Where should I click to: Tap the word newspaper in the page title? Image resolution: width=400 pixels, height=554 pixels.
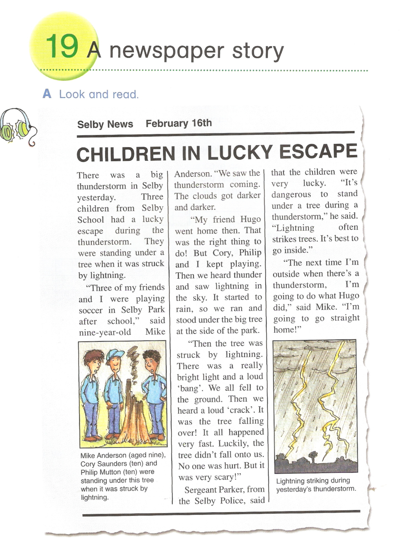click(x=167, y=51)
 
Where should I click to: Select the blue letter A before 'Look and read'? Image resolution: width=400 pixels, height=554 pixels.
click(x=47, y=94)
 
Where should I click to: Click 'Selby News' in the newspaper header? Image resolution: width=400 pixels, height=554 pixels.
click(x=105, y=124)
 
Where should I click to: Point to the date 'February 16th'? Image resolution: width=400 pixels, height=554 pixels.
click(x=179, y=123)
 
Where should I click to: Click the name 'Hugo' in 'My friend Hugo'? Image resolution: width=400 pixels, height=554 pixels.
click(x=250, y=219)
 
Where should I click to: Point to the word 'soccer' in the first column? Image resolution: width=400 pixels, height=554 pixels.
click(x=91, y=310)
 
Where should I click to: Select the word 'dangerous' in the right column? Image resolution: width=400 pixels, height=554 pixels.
click(x=291, y=194)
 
